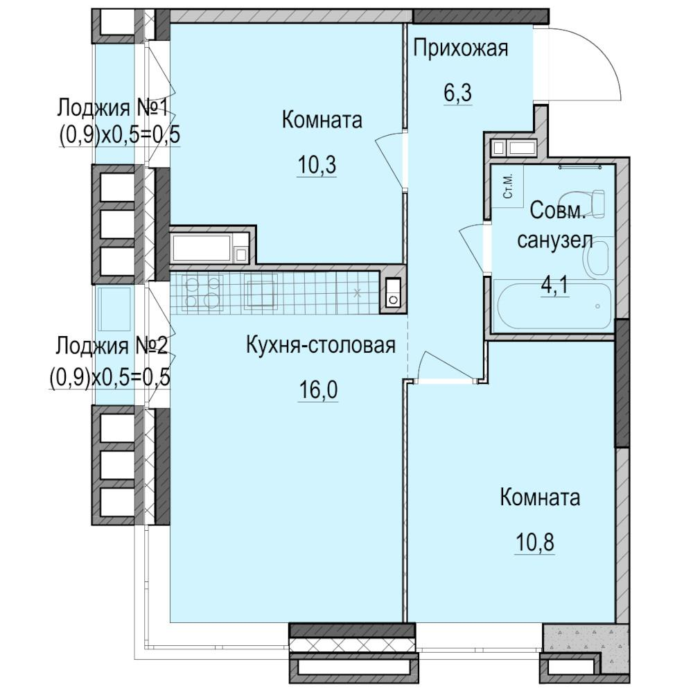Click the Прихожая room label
point(461,49)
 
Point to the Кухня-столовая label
point(321,345)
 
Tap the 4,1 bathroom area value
point(554,285)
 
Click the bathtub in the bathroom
point(554,305)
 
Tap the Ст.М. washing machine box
point(507,186)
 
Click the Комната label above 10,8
point(540,498)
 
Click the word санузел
point(554,240)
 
